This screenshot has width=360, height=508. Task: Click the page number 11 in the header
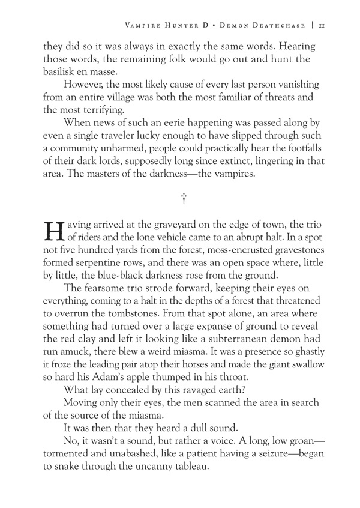click(322, 25)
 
